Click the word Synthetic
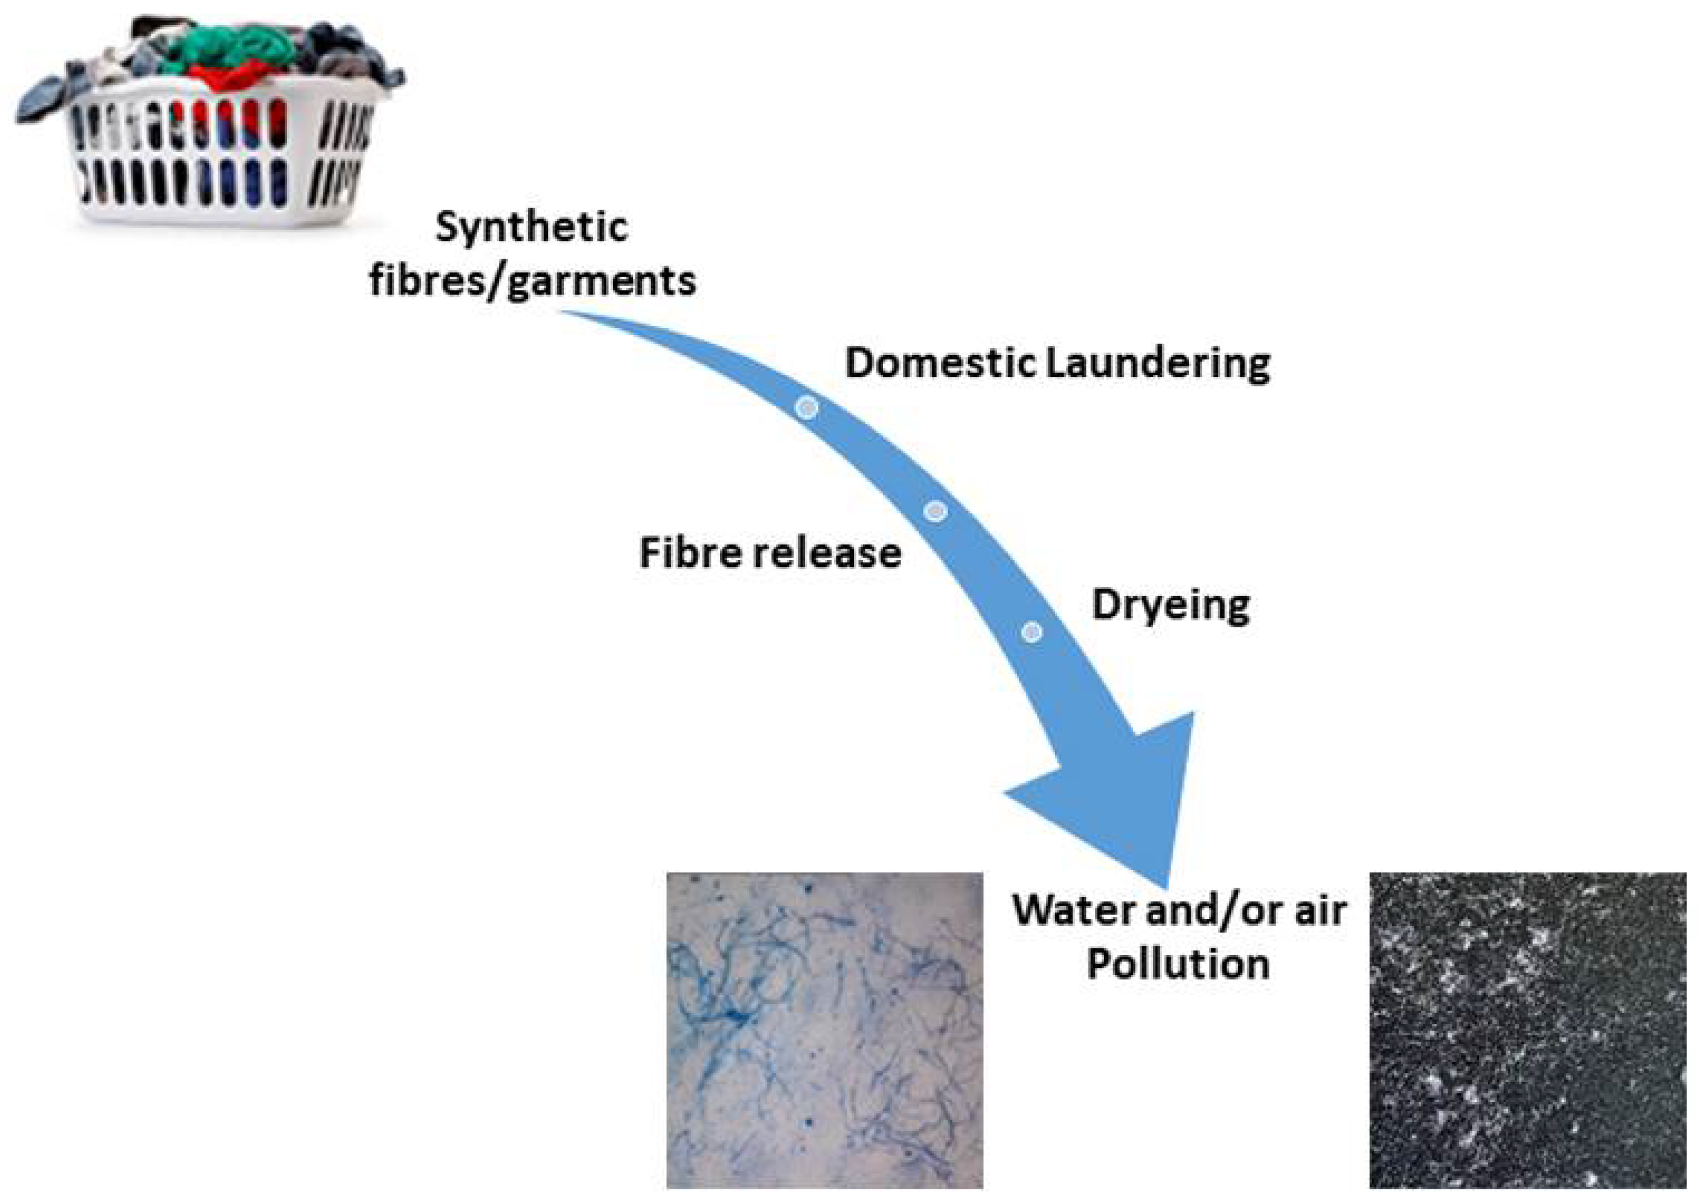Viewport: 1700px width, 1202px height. [532, 226]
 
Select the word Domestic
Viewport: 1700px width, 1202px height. [941, 364]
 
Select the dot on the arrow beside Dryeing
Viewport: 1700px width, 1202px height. [1031, 632]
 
